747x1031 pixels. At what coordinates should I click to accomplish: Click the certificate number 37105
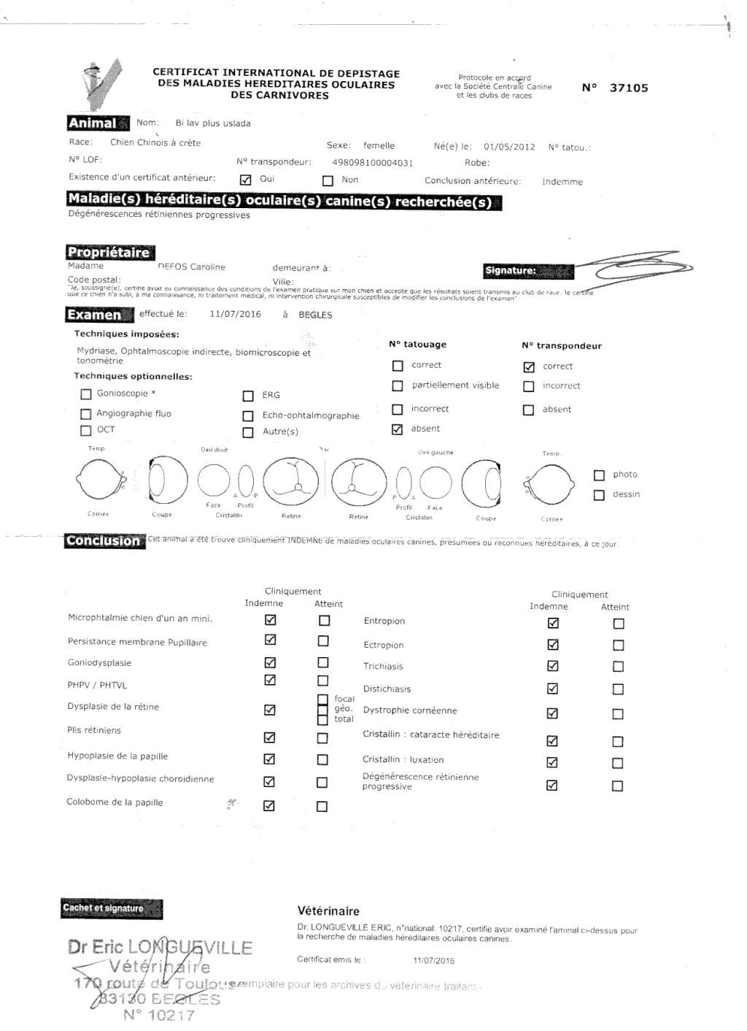coord(628,88)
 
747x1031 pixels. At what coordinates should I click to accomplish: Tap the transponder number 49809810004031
coord(372,163)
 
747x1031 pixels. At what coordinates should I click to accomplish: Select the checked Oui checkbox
coord(246,180)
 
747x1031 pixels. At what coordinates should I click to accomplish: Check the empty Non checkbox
coord(328,180)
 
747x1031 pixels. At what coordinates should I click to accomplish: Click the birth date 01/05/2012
coord(509,147)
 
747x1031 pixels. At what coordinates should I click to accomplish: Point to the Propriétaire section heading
coord(109,253)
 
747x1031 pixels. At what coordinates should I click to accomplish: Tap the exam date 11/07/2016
coord(235,314)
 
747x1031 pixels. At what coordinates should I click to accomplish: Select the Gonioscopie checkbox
coord(86,394)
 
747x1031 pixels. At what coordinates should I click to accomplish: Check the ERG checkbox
coord(248,396)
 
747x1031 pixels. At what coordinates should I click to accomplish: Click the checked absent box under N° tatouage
coord(397,429)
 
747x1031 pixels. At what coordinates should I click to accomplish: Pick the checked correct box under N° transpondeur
coord(529,367)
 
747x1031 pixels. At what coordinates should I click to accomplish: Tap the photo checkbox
coord(599,475)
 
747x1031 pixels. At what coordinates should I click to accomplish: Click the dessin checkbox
coord(599,495)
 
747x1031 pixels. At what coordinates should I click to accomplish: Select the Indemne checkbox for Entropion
coord(553,623)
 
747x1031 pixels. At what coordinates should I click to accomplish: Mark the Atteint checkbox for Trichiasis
coord(618,667)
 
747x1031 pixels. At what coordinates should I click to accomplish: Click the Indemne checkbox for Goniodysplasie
coord(270,663)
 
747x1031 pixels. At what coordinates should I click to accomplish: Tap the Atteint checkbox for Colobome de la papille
coord(322,806)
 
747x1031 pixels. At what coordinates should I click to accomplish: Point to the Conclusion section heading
coord(104,541)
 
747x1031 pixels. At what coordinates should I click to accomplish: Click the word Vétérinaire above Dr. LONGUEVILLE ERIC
coord(328,911)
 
